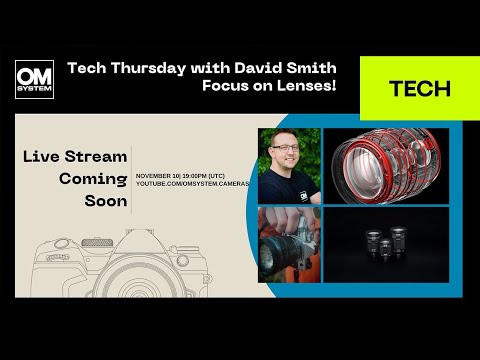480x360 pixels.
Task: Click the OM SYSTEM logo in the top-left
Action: click(x=34, y=80)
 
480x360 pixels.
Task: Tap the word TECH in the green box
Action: click(x=419, y=88)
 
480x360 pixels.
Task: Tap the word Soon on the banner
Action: click(x=106, y=202)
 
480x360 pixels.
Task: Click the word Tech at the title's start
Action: click(x=84, y=69)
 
